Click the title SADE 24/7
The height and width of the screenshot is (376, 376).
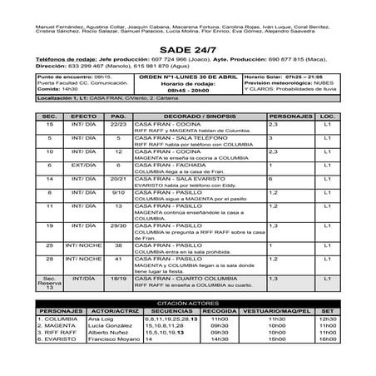point(187,49)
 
